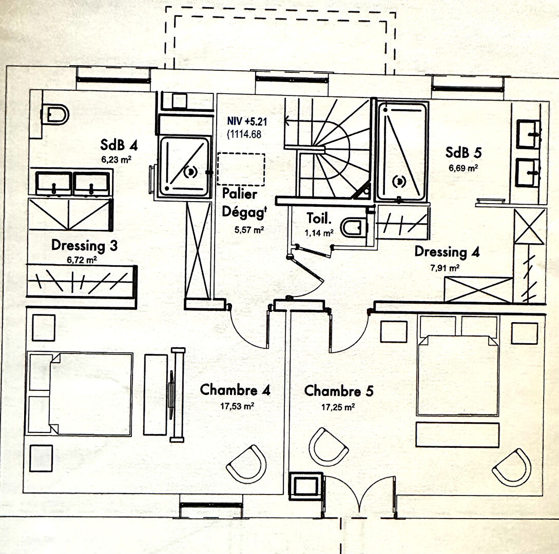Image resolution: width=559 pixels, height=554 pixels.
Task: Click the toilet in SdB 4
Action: (x=56, y=114)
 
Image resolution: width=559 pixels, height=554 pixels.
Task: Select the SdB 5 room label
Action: (x=464, y=153)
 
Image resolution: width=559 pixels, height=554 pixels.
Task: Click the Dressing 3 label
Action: (x=84, y=246)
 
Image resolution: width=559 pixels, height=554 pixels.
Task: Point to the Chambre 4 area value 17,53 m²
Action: (x=236, y=405)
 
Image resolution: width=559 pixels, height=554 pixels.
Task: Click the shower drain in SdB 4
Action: (x=190, y=172)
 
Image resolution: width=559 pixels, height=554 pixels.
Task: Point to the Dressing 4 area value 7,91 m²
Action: (x=444, y=267)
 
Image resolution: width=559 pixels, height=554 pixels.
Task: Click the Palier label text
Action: (x=240, y=194)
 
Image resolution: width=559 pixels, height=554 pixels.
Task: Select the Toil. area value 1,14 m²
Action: (x=320, y=232)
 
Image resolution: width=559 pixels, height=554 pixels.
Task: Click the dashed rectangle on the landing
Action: (x=241, y=169)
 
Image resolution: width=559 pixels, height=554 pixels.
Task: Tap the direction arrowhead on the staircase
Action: (x=288, y=122)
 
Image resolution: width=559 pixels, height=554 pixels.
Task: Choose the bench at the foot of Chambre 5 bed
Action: (x=457, y=434)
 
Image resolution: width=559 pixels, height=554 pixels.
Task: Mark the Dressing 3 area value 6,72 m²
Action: (x=82, y=260)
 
